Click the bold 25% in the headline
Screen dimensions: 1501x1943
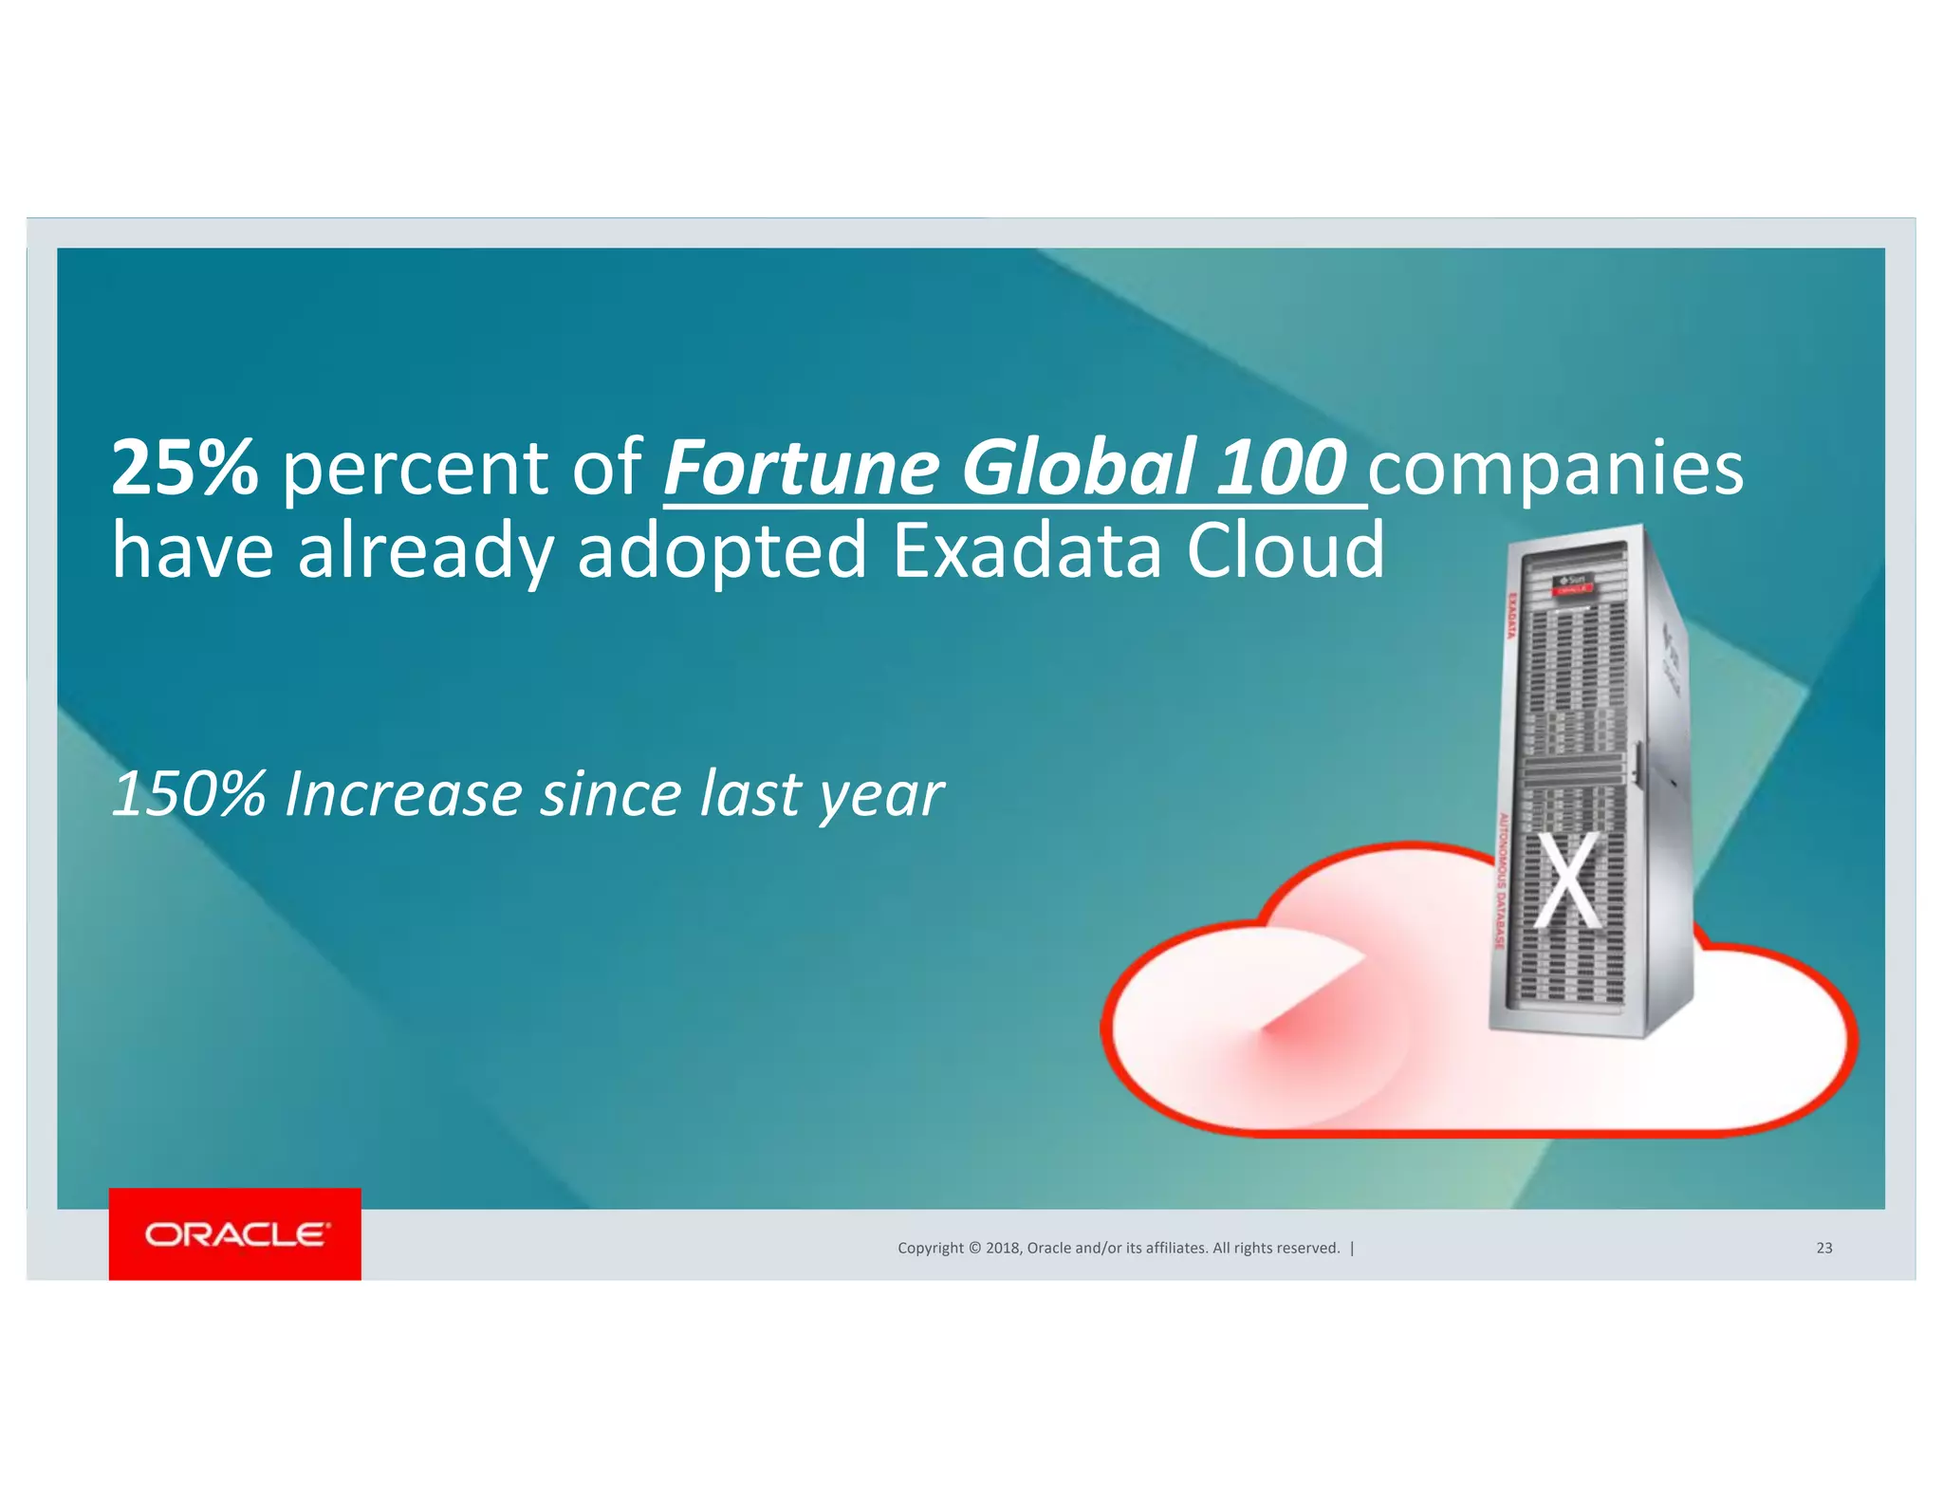[185, 468]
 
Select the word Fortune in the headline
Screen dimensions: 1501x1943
[802, 468]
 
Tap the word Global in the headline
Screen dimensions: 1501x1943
[1078, 468]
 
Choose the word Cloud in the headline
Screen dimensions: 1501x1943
[1286, 550]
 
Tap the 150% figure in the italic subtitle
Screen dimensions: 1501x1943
[189, 794]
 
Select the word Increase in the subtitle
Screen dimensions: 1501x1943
[403, 794]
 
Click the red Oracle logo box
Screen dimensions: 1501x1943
[235, 1233]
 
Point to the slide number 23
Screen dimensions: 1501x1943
[1823, 1248]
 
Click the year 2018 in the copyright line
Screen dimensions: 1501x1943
[1003, 1248]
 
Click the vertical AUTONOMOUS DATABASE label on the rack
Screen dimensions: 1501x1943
[1502, 879]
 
